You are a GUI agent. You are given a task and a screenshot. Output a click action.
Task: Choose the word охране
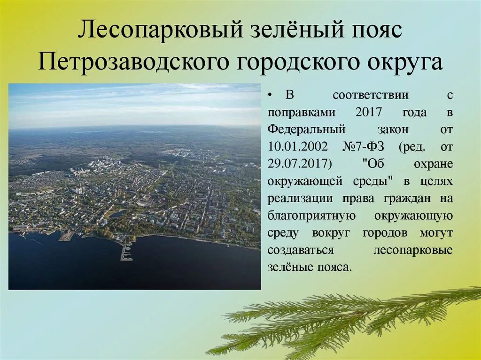tap(433, 164)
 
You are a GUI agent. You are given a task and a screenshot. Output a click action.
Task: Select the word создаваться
tap(301, 250)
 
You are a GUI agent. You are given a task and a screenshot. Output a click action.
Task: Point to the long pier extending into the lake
tap(125, 251)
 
